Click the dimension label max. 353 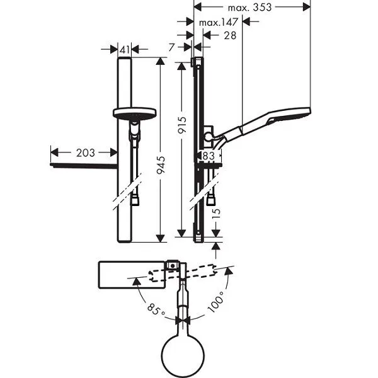249,8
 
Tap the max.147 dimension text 219,23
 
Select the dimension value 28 230,36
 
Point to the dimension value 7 171,47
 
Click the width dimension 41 125,50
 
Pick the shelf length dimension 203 86,153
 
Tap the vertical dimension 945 161,165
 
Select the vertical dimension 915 182,125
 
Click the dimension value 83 209,156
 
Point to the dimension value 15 216,212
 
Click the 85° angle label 156,309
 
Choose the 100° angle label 216,301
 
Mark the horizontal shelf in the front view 84,166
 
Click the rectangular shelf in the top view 132,275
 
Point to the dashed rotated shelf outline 182,273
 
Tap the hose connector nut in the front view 135,201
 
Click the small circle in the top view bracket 173,266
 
